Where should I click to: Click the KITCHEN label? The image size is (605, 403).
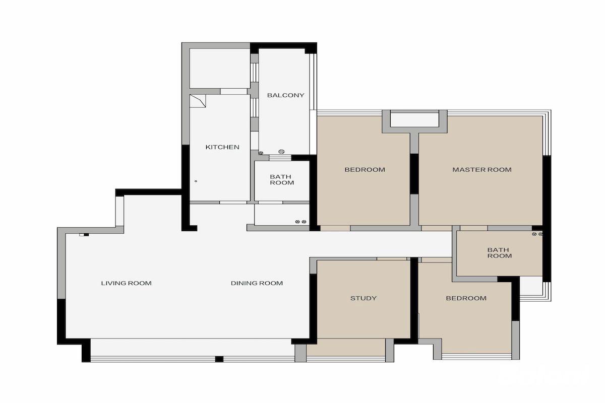click(x=222, y=147)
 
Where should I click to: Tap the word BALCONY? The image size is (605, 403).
click(x=285, y=95)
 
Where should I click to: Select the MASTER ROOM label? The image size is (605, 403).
click(x=482, y=170)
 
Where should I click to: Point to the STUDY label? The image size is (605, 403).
click(x=364, y=298)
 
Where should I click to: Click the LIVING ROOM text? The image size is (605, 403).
click(x=126, y=283)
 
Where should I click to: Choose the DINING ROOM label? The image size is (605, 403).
click(x=257, y=283)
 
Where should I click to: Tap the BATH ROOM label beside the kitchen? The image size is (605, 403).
click(x=282, y=180)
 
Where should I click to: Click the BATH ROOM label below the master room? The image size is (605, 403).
click(x=500, y=253)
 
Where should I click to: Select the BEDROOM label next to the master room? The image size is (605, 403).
click(x=365, y=170)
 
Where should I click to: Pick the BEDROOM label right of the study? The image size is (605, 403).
click(x=466, y=298)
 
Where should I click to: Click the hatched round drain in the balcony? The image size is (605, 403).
click(x=281, y=152)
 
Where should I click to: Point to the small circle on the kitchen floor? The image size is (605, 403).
click(x=196, y=181)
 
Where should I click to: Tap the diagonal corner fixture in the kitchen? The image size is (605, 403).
click(x=198, y=101)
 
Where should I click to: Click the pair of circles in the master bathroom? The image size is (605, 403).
click(x=537, y=234)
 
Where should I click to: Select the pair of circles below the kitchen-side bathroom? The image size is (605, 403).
click(x=300, y=222)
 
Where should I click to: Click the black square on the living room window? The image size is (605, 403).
click(x=219, y=359)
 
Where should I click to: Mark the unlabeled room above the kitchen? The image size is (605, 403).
click(x=220, y=69)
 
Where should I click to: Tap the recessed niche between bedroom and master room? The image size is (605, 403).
click(x=414, y=120)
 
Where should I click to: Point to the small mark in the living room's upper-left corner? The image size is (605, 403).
click(x=84, y=235)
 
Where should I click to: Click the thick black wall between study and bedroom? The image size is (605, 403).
click(x=414, y=300)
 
